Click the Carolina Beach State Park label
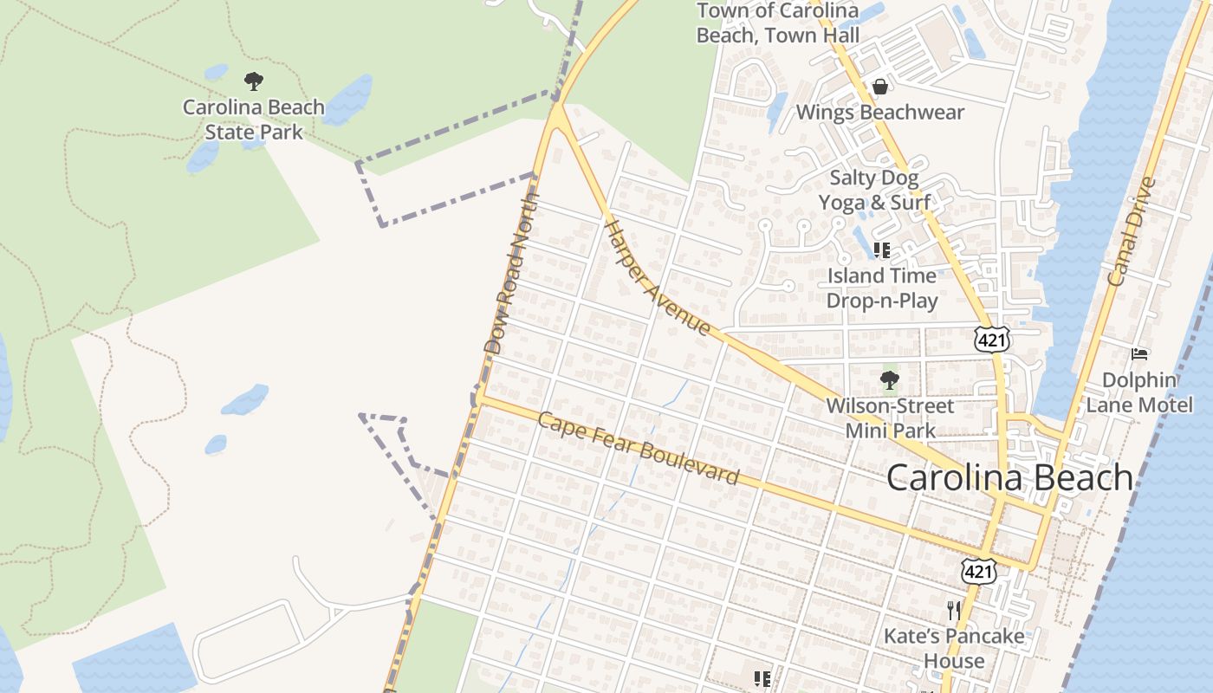[x=254, y=120]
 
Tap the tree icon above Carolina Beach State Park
[x=254, y=82]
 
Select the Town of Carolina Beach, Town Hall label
[x=778, y=23]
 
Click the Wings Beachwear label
[x=879, y=112]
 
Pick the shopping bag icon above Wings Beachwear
[x=880, y=87]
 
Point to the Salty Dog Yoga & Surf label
[x=874, y=190]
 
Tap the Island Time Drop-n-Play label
[x=882, y=288]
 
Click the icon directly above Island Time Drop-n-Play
[x=882, y=250]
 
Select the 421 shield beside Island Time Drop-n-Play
[x=991, y=340]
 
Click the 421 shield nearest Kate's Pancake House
[x=978, y=571]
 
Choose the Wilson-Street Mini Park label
[x=890, y=418]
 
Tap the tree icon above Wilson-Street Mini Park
[x=889, y=379]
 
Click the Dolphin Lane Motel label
[x=1139, y=392]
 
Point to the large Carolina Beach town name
[x=1009, y=478]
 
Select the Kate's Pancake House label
[x=953, y=648]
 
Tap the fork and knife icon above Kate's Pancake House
[x=954, y=611]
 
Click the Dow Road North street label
[x=512, y=274]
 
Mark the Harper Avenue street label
[x=658, y=277]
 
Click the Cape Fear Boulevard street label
[x=639, y=449]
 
